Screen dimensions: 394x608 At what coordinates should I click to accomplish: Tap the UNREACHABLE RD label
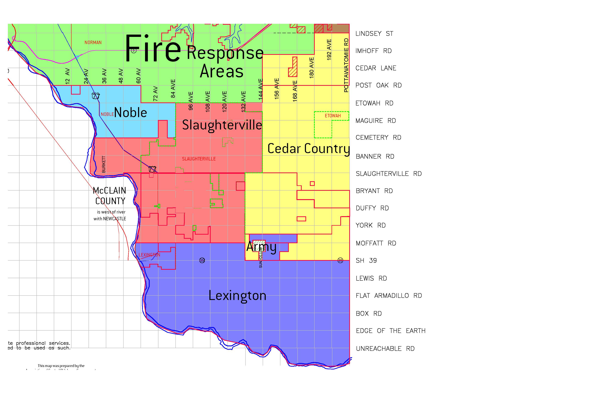coord(385,349)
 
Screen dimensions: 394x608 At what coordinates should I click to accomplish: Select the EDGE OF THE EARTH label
coord(390,331)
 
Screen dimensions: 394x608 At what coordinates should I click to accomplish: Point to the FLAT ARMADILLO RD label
coord(389,296)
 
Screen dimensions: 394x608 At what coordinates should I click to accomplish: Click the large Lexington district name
coord(237,296)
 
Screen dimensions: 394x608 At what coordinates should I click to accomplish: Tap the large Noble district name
coord(131,113)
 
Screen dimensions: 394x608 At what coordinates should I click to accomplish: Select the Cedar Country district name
coord(308,149)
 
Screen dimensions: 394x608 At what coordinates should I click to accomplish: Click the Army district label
coord(261,247)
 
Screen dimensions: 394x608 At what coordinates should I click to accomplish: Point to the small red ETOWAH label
coord(333,116)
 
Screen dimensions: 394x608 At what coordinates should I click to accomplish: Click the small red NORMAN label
coord(93,42)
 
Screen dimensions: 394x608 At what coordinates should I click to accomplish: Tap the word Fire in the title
coord(153,49)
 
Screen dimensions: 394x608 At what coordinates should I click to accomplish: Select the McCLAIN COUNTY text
coord(110,196)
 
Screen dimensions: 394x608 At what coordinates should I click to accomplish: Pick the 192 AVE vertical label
coord(329,50)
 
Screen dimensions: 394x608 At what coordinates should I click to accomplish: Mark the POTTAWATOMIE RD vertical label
coord(346,65)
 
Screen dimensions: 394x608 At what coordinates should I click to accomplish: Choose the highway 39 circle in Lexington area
coord(202,260)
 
